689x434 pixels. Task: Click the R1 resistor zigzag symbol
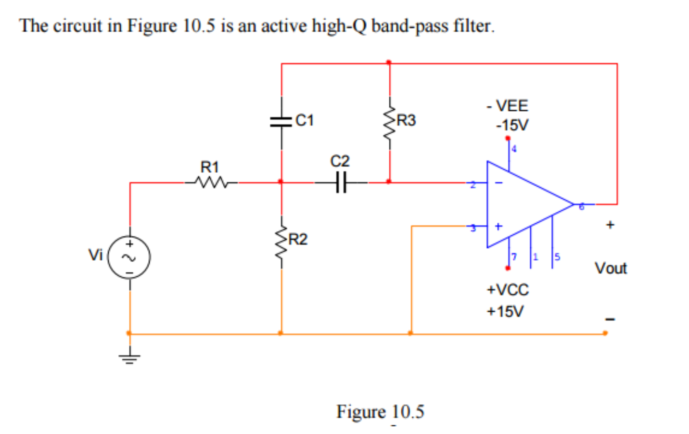(x=211, y=183)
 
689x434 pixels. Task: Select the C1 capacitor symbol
(x=281, y=121)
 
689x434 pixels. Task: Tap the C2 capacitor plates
(x=341, y=183)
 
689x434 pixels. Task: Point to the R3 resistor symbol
(x=389, y=123)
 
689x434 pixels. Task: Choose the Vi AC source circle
(x=129, y=257)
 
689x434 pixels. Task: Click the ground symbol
(x=129, y=357)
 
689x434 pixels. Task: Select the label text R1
(x=209, y=167)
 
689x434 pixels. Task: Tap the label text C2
(x=340, y=161)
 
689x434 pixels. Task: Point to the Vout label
(x=611, y=268)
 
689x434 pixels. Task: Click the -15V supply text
(x=512, y=126)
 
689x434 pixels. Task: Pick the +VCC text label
(x=507, y=290)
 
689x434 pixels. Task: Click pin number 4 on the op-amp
(x=514, y=149)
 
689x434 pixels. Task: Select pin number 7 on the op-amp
(x=514, y=257)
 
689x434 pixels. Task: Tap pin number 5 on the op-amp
(x=557, y=257)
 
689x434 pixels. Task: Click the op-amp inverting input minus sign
(x=499, y=183)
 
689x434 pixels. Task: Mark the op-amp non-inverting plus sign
(x=498, y=226)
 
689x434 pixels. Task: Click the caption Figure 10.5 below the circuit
(x=380, y=412)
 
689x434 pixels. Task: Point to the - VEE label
(x=507, y=105)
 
